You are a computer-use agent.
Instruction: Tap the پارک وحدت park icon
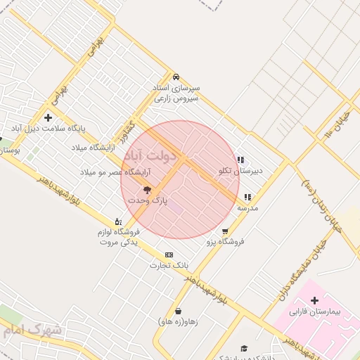coord(148,190)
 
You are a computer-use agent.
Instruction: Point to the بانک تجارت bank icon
coord(169,255)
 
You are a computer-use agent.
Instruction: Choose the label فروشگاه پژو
coord(224,241)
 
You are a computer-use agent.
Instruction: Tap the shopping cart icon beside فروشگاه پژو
coord(224,231)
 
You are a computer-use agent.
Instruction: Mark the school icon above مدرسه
coord(247,198)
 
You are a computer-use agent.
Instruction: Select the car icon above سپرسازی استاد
coord(176,77)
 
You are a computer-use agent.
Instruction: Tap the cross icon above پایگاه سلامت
coord(48,117)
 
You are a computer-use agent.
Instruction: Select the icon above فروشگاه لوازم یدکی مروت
coord(117,221)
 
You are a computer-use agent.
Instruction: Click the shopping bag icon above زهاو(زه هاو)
coord(178,311)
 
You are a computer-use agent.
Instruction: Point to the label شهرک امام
coord(32,330)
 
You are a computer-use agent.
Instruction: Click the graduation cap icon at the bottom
coord(244,348)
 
